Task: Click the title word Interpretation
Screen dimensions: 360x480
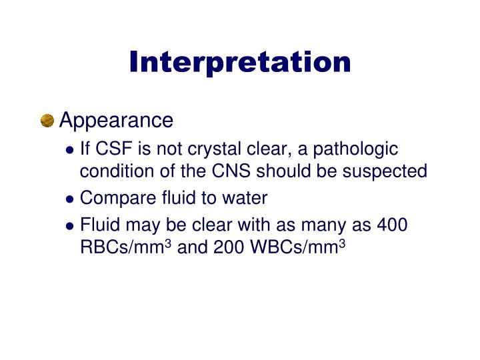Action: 240,62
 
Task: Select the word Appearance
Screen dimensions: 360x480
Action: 116,121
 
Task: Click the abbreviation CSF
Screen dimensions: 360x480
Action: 112,149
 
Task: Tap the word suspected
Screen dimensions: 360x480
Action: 385,171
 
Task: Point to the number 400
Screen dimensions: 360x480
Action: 392,225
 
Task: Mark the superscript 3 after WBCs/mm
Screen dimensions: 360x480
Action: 341,243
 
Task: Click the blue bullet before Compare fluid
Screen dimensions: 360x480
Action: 70,199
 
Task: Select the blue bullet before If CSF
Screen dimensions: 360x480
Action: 70,149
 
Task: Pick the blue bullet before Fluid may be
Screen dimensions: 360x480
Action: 70,226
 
